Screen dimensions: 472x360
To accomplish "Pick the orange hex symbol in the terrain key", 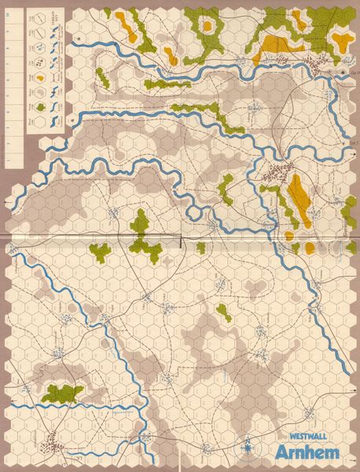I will click(x=39, y=79).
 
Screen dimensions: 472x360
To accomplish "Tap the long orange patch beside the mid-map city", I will click(x=299, y=197).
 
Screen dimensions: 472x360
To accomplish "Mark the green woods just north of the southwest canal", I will click(x=61, y=393).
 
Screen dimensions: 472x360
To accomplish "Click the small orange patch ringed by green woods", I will click(x=207, y=26).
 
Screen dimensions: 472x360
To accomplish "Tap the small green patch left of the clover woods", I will click(x=101, y=252).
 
